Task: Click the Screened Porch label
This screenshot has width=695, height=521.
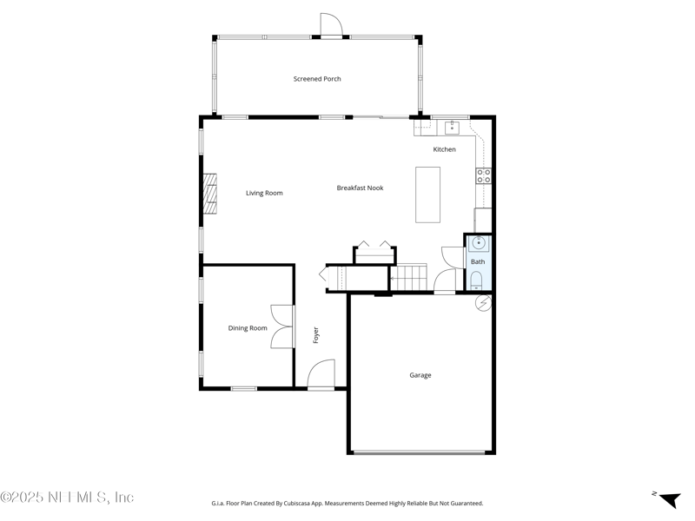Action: point(317,79)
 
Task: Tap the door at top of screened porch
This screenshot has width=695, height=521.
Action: point(330,26)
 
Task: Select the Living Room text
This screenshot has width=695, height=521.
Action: point(264,193)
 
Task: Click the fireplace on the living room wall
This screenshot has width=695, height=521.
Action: point(210,193)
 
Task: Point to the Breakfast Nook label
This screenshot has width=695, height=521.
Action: point(360,188)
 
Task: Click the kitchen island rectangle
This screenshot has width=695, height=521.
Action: point(428,195)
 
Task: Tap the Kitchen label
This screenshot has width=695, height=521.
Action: point(444,149)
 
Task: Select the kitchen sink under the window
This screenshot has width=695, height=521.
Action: point(452,129)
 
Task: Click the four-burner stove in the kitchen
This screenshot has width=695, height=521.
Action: point(483,176)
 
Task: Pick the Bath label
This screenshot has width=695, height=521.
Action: point(478,261)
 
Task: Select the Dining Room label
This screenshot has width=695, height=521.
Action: point(248,328)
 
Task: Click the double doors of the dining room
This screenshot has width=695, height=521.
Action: point(281,327)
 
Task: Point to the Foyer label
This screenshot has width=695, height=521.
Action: point(316,335)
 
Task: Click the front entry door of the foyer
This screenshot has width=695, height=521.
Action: point(320,375)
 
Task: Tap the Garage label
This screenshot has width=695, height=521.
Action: point(420,375)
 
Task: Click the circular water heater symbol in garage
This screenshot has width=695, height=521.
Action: point(484,303)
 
